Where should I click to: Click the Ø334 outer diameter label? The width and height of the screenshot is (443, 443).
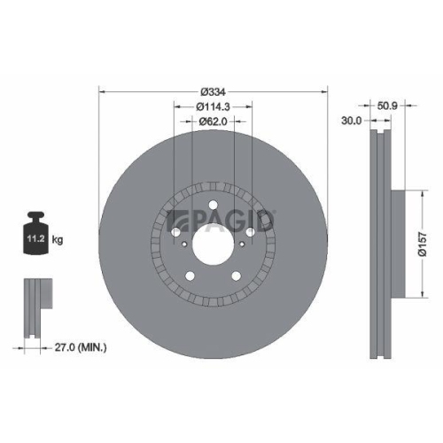(213, 92)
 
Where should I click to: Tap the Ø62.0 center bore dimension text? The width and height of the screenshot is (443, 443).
(213, 120)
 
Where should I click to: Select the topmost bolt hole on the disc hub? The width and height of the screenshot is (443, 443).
(213, 208)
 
